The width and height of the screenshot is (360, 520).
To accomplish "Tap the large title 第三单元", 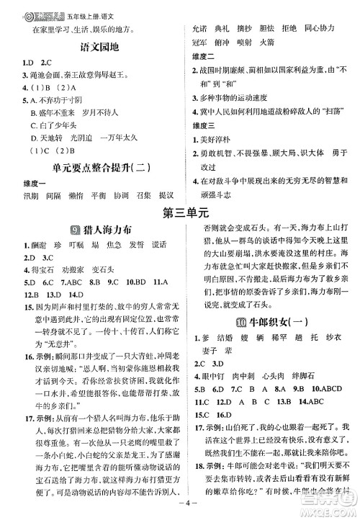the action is tap(180, 214).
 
